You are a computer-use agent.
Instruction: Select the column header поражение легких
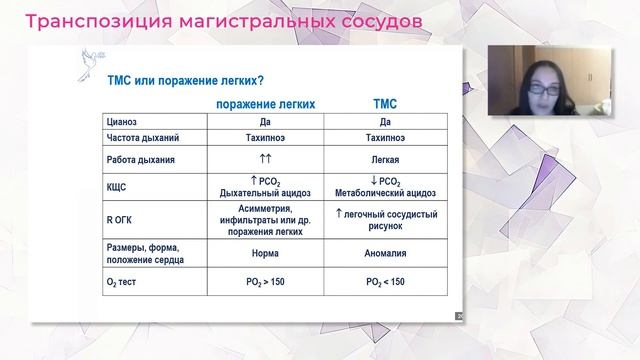266,103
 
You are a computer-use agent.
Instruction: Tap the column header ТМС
385,103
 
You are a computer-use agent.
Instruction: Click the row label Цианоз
123,120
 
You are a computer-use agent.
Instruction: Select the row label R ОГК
120,214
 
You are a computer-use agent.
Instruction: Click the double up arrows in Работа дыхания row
266,159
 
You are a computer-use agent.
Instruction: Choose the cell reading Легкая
385,159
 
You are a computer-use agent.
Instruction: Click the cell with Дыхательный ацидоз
266,193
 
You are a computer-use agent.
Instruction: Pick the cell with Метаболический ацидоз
385,193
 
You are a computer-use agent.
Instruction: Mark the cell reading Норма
266,254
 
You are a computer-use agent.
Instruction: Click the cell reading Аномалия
385,254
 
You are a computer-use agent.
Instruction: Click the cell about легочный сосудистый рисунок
385,220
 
